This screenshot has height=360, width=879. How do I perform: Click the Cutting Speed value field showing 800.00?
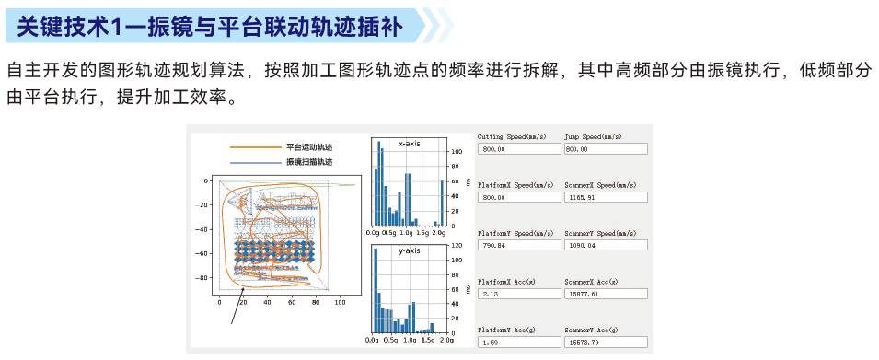tap(518, 149)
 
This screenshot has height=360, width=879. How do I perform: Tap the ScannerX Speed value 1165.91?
tap(605, 197)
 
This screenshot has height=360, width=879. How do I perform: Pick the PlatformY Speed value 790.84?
tap(518, 246)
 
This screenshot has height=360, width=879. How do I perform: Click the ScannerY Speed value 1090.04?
tap(605, 246)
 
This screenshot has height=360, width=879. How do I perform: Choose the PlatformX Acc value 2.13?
tap(518, 294)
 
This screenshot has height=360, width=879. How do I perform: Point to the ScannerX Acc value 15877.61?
tap(605, 294)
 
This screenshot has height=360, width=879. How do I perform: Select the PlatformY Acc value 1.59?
tap(518, 343)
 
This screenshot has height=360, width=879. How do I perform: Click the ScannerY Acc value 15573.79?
tap(605, 343)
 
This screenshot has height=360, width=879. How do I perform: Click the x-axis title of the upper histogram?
tap(411, 144)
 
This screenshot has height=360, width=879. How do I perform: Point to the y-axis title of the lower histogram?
tap(411, 250)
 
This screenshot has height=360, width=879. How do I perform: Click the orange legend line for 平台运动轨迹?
tap(255, 147)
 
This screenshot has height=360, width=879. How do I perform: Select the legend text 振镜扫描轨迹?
tap(308, 162)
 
